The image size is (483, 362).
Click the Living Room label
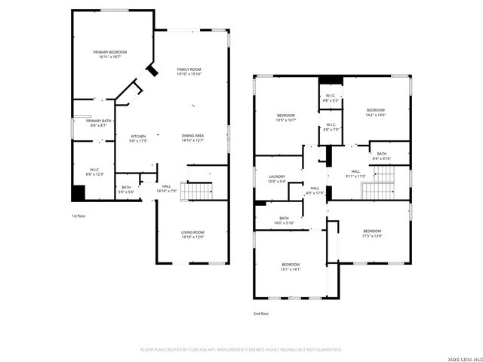192,235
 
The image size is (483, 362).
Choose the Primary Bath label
99,123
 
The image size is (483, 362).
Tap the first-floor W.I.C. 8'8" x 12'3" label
95,172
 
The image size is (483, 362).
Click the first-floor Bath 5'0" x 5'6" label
126,189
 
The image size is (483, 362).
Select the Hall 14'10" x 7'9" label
166,189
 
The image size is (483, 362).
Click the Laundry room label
277,179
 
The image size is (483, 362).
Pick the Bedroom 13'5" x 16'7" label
285,118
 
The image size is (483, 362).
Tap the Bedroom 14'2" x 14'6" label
376,112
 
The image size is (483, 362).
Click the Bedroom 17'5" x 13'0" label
372,233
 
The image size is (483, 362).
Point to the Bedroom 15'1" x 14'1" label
291,266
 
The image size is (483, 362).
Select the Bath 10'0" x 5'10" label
283,220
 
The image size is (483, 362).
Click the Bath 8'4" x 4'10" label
382,156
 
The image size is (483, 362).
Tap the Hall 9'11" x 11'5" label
355,174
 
